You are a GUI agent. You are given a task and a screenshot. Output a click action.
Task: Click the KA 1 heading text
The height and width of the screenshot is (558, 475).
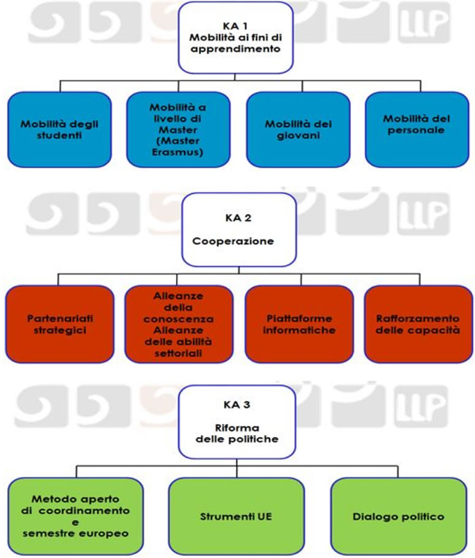235,26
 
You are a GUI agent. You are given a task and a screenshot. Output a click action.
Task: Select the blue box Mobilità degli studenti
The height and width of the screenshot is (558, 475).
59,130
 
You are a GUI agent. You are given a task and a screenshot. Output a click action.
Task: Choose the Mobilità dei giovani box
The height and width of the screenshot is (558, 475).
298,130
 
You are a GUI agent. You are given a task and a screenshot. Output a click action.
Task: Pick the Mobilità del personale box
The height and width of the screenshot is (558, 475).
417,130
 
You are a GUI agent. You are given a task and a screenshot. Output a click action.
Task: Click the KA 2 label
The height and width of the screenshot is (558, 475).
238,218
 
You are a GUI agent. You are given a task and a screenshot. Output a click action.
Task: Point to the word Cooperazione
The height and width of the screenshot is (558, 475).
233,241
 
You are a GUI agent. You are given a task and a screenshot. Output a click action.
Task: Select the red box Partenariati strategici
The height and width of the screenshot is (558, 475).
59,324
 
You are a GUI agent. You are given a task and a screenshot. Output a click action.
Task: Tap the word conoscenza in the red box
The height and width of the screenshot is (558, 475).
178,319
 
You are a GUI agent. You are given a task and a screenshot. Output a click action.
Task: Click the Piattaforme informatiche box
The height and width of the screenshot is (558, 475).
299,324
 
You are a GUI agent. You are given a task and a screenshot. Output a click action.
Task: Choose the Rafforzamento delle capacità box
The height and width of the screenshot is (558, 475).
418,324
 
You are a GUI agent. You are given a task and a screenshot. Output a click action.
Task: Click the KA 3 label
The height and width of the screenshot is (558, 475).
237,405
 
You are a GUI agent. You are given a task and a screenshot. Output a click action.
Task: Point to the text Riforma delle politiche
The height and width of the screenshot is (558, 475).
237,433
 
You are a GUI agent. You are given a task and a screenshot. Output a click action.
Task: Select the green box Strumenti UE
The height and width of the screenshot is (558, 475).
236,516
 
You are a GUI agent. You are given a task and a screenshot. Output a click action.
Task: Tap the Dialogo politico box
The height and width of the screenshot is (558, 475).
398,516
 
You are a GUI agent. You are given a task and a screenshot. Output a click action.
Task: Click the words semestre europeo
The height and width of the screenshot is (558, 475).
75,533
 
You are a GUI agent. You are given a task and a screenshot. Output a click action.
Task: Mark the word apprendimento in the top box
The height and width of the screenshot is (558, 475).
235,49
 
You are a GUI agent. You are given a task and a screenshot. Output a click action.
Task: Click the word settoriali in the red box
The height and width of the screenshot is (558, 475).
178,354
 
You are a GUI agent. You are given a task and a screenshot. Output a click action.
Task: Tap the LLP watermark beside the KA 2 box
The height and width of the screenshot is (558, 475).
424,214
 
